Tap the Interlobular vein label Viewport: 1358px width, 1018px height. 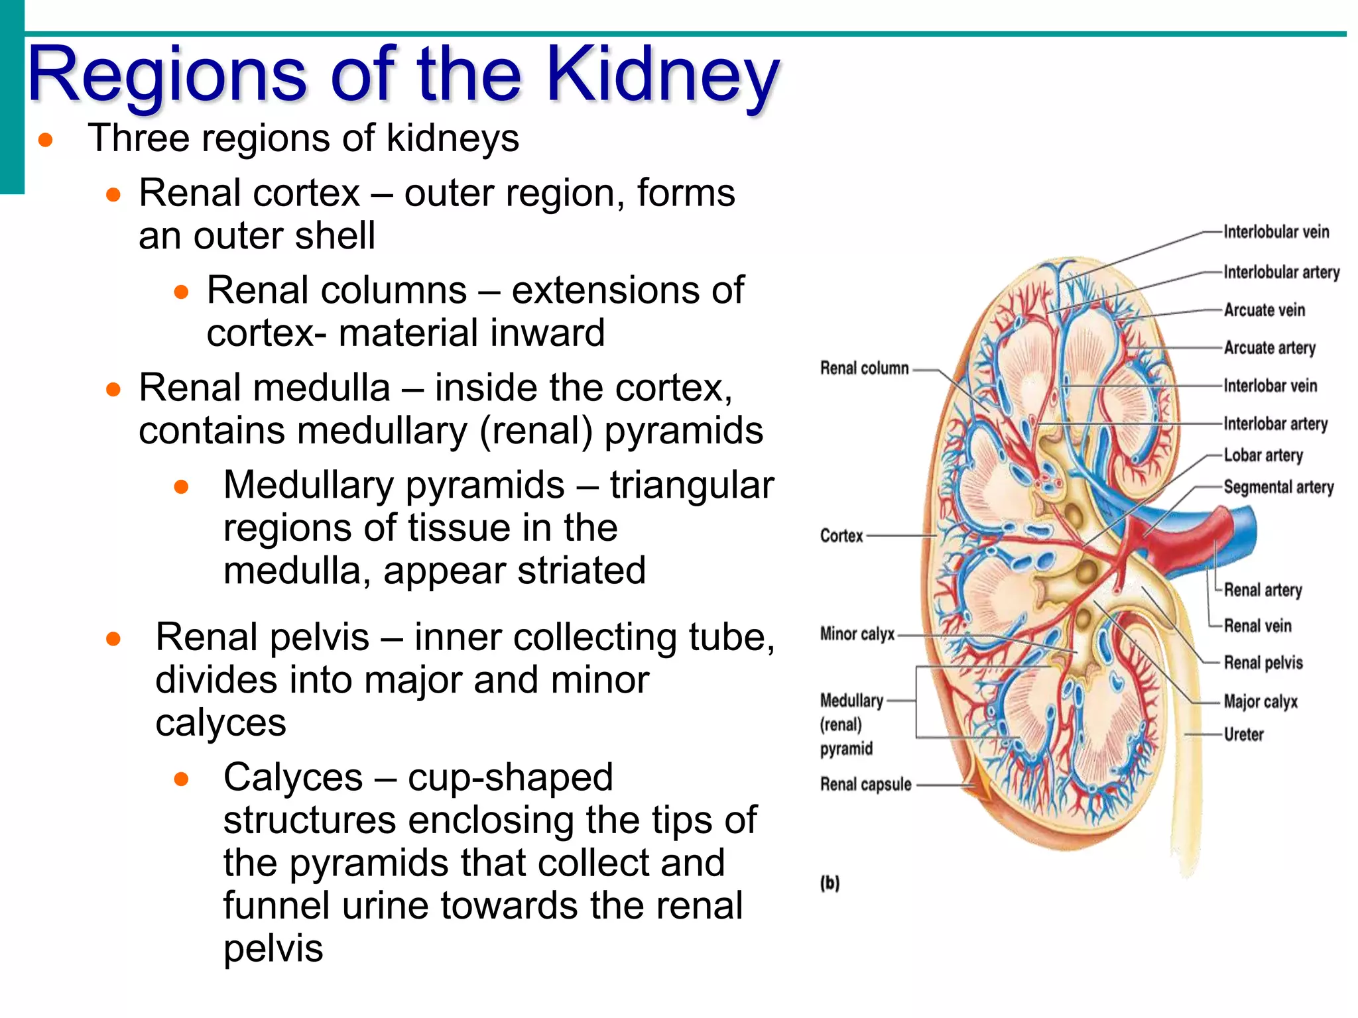[1276, 232]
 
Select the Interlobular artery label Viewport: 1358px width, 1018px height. [1281, 272]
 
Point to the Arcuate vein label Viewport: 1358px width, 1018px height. [1264, 310]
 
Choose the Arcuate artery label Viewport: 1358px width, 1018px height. [1269, 348]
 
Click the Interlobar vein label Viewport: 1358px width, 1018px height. [1270, 386]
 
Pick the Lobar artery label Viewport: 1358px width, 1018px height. [1263, 455]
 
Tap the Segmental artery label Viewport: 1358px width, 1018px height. [1278, 487]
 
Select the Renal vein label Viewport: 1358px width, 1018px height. [1257, 626]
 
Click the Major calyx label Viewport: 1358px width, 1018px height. [1260, 701]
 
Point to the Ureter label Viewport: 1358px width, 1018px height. [1243, 734]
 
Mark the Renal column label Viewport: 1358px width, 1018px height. [864, 368]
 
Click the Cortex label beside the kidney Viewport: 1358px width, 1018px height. [841, 536]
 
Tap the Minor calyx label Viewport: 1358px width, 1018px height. [857, 634]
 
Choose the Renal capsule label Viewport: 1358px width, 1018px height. [865, 785]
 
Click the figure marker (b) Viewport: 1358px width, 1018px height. [830, 883]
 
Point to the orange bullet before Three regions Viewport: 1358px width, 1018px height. [46, 140]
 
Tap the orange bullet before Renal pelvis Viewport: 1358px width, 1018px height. [113, 639]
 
